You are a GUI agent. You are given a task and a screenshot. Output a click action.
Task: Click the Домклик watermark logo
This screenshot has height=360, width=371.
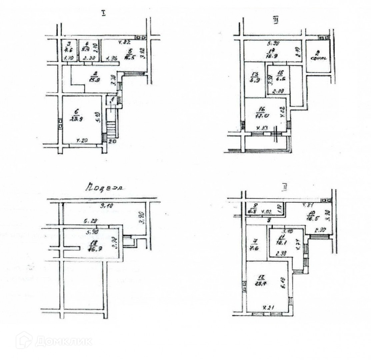pos(55,341)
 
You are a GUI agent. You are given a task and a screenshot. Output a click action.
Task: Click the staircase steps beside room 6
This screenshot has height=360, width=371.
pos(112,129)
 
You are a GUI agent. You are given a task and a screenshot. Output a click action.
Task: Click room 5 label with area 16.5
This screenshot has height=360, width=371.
pos(130,52)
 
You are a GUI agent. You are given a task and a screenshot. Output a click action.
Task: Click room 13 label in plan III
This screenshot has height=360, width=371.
pos(255,77)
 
